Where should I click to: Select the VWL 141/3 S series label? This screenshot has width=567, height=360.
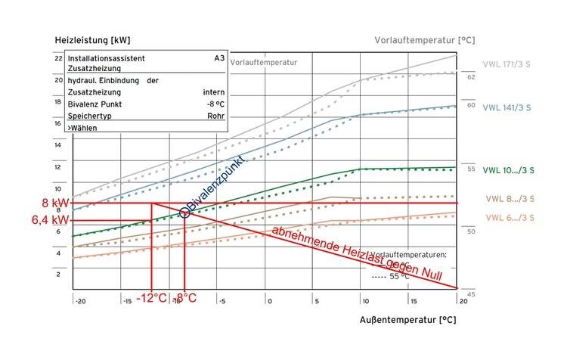coord(507,108)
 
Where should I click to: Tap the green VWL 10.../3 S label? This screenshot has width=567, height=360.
coord(508,170)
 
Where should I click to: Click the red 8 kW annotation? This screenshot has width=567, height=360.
coord(56,203)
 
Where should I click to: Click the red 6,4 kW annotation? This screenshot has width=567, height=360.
coord(51,220)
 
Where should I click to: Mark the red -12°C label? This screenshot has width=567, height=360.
coord(152,298)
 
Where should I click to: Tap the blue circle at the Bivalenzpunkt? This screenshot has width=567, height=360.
coord(184,214)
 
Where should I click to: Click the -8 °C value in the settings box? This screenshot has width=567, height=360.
coord(214,104)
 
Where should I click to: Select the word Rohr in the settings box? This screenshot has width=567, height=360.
coord(215,116)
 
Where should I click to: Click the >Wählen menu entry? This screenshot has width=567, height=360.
coord(83,129)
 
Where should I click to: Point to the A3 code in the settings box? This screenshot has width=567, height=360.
coord(218,58)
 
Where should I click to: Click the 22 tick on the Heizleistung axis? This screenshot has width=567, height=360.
coord(58,58)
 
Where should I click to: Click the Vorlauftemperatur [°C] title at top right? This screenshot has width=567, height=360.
coord(424,39)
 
